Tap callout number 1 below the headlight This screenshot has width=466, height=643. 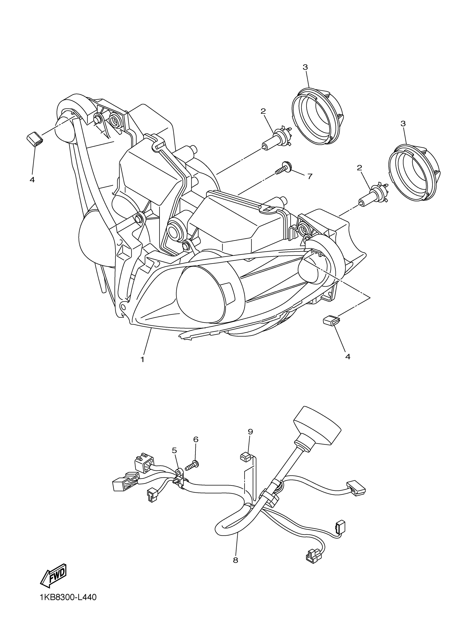(x=142, y=359)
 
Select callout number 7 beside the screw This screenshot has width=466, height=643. (x=310, y=176)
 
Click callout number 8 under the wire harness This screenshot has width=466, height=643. (x=235, y=560)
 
